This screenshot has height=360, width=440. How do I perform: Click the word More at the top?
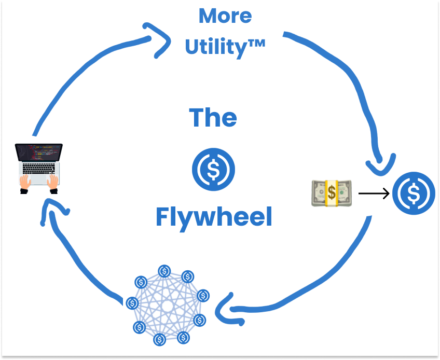pos(225,16)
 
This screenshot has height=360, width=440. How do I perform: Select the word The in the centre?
pos(213,118)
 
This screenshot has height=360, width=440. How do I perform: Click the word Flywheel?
pos(214,217)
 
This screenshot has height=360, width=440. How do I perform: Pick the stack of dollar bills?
pos(331,193)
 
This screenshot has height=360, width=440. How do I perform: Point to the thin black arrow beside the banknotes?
pos(374,194)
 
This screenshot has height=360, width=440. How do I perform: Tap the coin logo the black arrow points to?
pos(414,193)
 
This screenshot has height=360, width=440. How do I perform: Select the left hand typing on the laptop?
pos(25,182)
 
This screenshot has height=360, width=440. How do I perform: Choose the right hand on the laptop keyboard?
pos(53,182)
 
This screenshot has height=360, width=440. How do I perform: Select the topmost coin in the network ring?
pos(164,271)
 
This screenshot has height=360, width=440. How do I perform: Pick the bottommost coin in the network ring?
pos(160,340)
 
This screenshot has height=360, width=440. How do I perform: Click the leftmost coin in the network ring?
pos(132,302)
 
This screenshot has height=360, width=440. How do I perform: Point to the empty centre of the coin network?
pos(167,306)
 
